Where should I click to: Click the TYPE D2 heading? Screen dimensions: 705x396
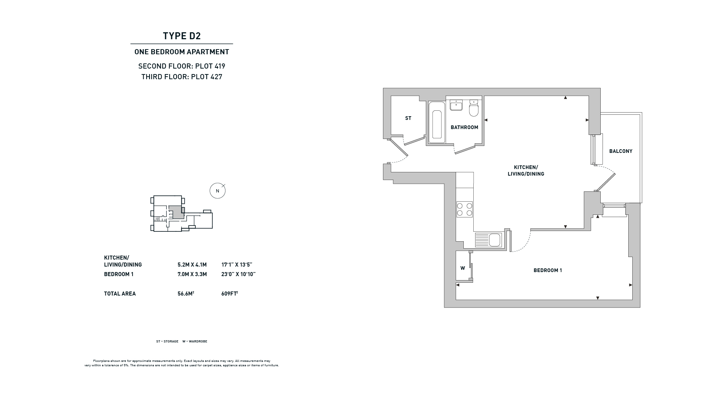coord(182,36)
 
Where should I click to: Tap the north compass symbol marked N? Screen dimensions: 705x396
coord(217,191)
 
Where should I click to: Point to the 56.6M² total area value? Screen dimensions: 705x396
coord(186,293)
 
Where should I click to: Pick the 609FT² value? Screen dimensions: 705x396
coord(230,293)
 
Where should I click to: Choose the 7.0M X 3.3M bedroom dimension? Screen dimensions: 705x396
coord(192,274)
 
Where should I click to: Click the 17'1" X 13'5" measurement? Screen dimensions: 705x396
coord(237,265)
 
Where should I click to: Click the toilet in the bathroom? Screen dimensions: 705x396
coord(474,108)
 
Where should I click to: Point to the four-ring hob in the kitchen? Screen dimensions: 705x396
coord(464,209)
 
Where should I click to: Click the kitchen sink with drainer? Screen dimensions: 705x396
coord(488,240)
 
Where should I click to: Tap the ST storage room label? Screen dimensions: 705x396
coord(408,118)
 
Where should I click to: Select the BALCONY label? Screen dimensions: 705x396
coord(621,151)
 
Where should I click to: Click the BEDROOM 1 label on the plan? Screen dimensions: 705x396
coord(548,270)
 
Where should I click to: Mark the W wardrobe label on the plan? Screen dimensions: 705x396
coord(463,268)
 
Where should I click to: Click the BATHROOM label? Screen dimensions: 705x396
coord(464,127)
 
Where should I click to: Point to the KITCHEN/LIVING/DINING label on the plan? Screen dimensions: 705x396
coord(526,170)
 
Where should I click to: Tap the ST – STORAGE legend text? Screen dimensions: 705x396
coord(167,341)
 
